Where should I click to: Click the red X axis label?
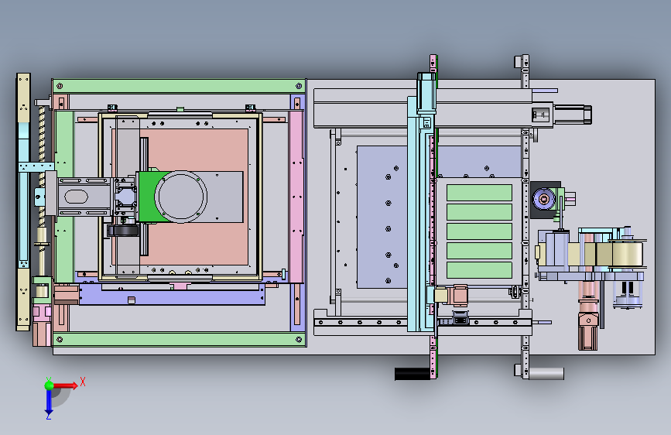pos(83,382)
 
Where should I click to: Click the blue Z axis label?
pos(49,416)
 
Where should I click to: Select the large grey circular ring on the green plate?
pos(180,197)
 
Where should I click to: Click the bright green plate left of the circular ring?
pos(147,197)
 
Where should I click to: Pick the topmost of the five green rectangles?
pos(479,193)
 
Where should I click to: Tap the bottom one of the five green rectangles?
pos(479,270)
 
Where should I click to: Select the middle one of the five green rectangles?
pos(479,231)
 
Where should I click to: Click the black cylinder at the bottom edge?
pos(412,374)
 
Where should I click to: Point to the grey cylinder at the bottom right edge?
pos(546,373)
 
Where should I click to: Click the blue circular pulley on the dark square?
pos(544,199)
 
